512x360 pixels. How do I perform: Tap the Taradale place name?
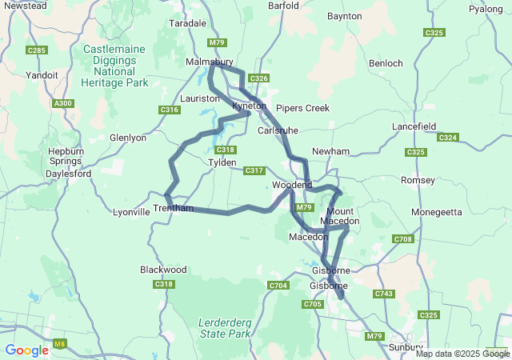coord(187,24)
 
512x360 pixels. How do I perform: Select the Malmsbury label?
coord(209,62)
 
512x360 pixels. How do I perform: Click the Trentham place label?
coord(174,208)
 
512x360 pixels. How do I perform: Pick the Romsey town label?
coord(418,180)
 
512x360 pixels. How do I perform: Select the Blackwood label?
coord(163,270)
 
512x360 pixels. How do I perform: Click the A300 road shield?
coord(62,103)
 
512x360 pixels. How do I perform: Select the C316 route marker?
coord(169,110)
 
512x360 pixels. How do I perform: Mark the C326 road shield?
coord(258,78)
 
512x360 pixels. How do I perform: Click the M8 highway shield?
coord(59,345)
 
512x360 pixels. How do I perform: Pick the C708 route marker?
coord(402,239)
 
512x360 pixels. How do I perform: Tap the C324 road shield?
coord(448,138)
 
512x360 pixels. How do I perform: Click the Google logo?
coord(26,350)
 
